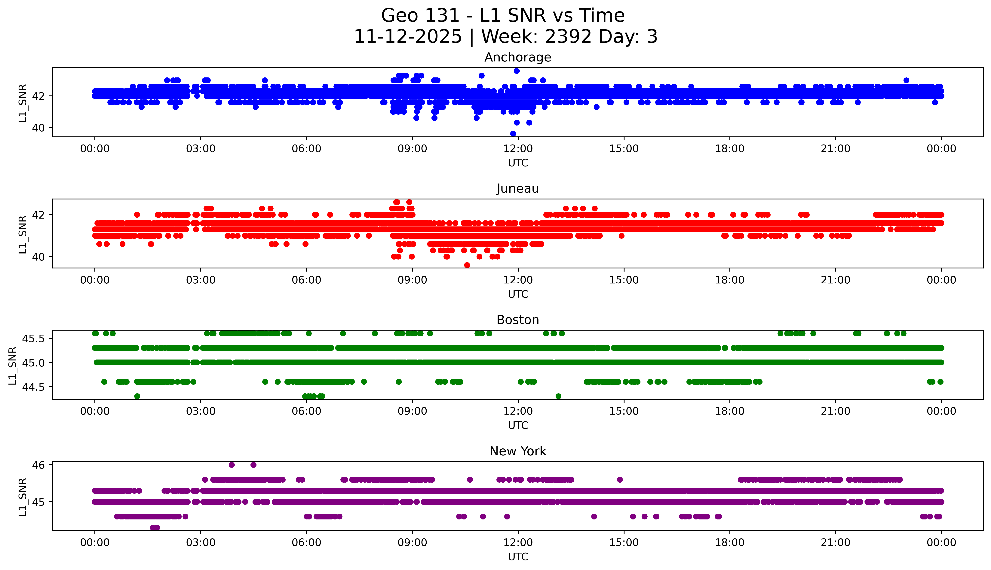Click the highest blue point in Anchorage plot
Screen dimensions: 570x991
(517, 71)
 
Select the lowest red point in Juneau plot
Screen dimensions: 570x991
(467, 265)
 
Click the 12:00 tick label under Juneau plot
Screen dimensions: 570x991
(518, 280)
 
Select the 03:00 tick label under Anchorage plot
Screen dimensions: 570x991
(201, 149)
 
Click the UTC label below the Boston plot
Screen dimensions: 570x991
(518, 425)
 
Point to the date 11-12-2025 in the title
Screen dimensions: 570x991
(408, 37)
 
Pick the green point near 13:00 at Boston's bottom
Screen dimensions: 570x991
(558, 396)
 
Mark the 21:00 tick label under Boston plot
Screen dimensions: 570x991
(835, 411)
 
